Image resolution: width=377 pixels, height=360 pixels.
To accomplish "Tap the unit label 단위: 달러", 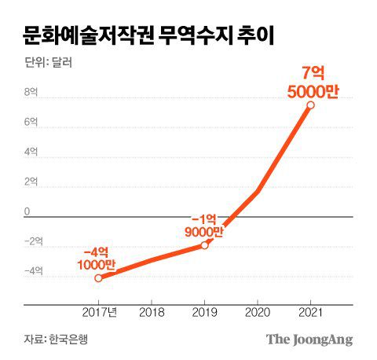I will [x=46, y=63].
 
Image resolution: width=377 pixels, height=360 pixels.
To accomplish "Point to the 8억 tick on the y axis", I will [x=30, y=93].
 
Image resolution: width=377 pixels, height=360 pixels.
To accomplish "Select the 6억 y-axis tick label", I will [x=30, y=123].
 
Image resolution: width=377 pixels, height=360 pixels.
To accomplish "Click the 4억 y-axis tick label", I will [x=30, y=152].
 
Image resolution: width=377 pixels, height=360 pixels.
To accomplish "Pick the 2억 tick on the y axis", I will [x=30, y=182].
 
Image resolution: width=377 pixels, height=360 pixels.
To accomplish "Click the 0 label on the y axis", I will [x=27, y=211].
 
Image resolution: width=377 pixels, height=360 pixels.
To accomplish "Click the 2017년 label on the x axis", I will [x=101, y=312].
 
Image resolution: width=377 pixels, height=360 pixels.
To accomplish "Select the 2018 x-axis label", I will [x=151, y=312].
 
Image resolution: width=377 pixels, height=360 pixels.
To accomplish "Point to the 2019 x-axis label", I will [x=204, y=312].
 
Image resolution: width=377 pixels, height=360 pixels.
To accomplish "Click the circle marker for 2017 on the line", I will [x=98, y=277].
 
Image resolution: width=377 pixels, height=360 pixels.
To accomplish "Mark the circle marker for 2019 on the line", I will [x=204, y=245].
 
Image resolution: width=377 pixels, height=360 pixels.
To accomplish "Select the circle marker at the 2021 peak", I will [x=311, y=105].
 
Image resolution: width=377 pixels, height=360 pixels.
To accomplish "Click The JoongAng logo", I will [x=309, y=340].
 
